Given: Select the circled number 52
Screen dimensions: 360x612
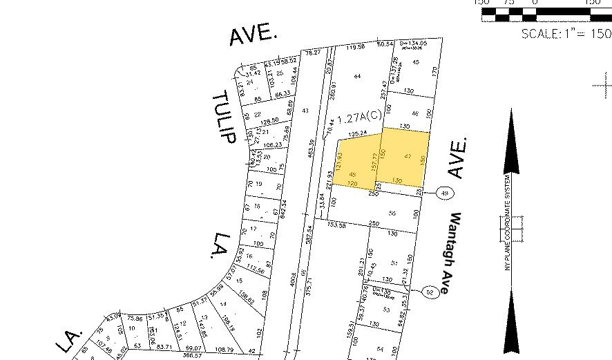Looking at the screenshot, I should coord(430,292).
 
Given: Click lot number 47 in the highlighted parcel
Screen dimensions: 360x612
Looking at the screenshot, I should coord(408,157).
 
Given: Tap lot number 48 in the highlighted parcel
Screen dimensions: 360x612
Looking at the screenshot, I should coord(353,173).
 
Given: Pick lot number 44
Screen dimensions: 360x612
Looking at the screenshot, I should coord(357,75).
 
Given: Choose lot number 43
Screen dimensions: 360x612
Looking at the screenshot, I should coord(305,111).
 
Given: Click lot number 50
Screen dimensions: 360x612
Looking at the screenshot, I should coord(392,214).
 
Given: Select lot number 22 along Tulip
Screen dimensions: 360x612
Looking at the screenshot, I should coord(256,114).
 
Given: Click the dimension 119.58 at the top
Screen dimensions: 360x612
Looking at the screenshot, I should coord(355,47).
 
